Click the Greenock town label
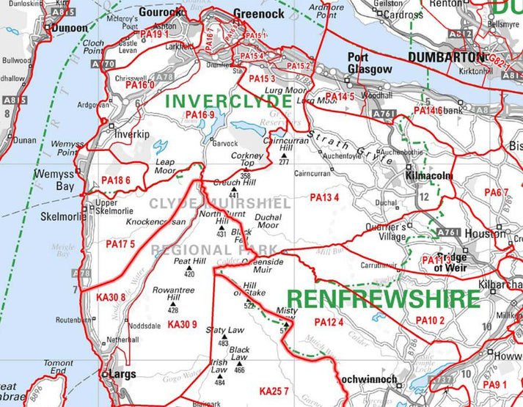click(x=257, y=12)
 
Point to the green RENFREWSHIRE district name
click(x=383, y=298)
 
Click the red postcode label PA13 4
click(x=324, y=198)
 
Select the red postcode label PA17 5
click(x=120, y=243)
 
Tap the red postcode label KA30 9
click(x=182, y=324)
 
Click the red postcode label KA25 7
click(x=274, y=390)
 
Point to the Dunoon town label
click(x=69, y=28)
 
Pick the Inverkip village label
click(x=131, y=135)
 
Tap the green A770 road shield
click(x=109, y=65)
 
